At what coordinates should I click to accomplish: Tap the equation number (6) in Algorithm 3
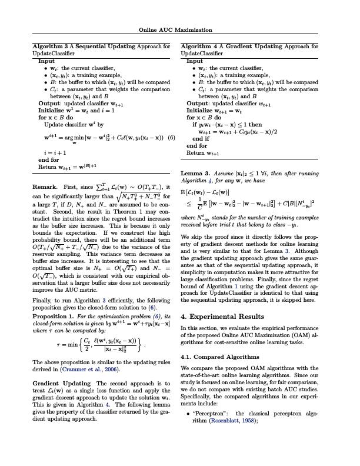coord(171,138)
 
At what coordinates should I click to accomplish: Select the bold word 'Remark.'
coord(45,187)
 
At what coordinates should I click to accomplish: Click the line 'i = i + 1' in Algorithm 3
coord(55,152)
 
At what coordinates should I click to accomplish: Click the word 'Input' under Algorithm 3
coord(46,61)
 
